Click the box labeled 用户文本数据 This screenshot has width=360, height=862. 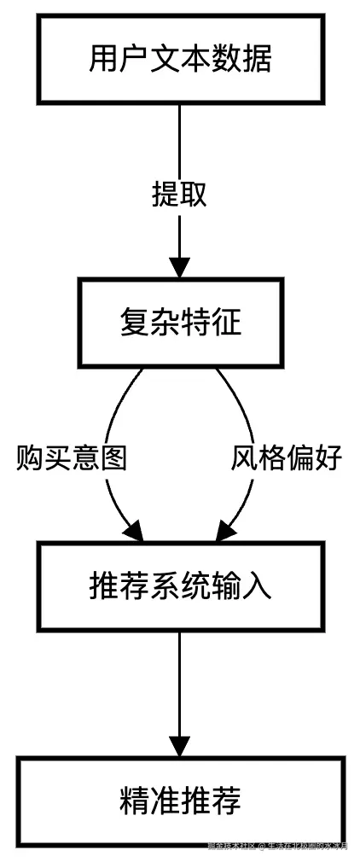(180, 59)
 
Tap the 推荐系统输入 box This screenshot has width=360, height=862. (180, 586)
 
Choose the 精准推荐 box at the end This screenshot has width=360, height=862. (180, 800)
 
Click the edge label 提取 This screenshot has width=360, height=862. (180, 195)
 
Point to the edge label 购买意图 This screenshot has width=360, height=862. (72, 459)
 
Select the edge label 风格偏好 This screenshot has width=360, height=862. (287, 459)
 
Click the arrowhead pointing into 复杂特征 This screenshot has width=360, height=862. (180, 265)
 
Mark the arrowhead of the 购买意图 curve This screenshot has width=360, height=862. (135, 532)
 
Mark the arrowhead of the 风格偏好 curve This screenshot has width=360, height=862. (224, 532)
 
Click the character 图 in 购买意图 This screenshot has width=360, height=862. (113, 459)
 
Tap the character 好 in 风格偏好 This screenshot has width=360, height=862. (328, 459)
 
